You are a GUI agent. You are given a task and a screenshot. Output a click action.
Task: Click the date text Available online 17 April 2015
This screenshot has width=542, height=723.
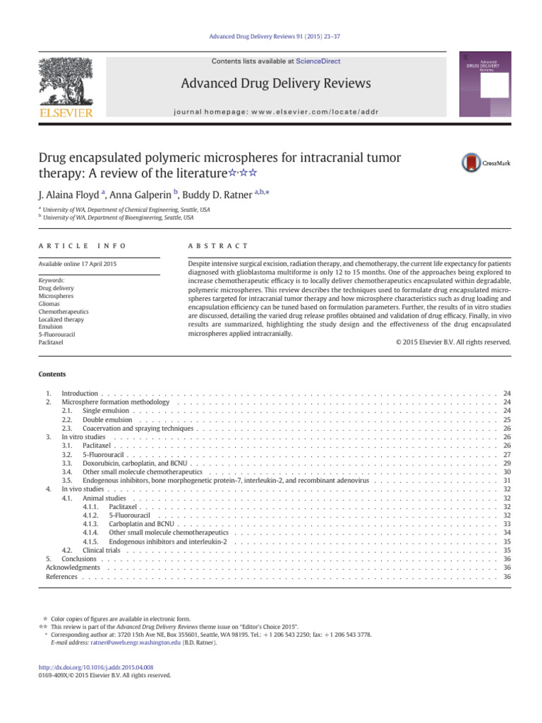(78, 264)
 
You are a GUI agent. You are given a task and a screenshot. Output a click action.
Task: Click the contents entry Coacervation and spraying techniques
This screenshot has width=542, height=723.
(138, 429)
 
